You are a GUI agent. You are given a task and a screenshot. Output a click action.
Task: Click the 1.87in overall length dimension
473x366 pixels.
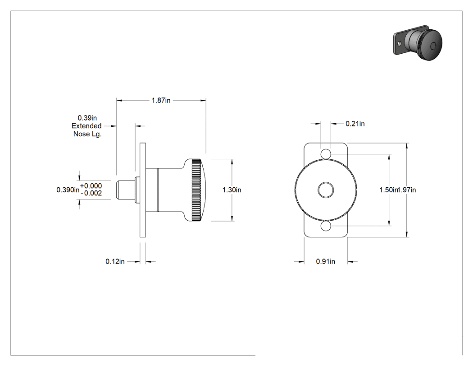click(161, 100)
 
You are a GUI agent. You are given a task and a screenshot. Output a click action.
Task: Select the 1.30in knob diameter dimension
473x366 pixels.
click(232, 190)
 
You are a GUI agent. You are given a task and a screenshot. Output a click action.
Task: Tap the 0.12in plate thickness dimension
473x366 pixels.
click(115, 261)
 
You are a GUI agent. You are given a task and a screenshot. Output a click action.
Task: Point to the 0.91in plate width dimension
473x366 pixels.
click(326, 261)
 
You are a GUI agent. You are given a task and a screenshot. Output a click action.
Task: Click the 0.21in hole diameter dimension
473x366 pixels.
click(355, 124)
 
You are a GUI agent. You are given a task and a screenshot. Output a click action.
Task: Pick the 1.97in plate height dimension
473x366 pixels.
click(407, 190)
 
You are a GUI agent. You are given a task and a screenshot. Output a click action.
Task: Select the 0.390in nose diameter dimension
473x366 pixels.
click(68, 190)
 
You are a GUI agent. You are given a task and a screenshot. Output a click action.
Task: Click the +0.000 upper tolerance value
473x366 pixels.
click(91, 186)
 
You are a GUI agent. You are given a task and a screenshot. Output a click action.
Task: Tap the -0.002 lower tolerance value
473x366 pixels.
click(91, 193)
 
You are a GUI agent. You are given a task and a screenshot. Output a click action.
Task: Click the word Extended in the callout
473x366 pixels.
click(86, 126)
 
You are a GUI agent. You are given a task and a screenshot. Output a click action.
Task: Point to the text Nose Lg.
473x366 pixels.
click(87, 134)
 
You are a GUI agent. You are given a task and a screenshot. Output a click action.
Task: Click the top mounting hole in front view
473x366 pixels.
click(326, 154)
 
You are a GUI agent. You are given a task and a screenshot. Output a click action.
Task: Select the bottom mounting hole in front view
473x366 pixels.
click(326, 226)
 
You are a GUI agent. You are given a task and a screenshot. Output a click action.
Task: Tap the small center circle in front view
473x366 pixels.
click(326, 190)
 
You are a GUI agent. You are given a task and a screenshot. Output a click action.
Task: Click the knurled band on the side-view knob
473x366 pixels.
click(196, 190)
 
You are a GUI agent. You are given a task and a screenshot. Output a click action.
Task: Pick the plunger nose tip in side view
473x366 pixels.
click(117, 190)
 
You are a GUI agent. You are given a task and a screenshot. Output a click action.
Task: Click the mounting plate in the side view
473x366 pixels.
click(143, 190)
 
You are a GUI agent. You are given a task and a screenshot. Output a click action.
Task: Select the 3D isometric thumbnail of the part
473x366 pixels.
click(418, 43)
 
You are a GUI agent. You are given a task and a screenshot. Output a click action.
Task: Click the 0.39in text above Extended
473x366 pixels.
click(87, 118)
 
